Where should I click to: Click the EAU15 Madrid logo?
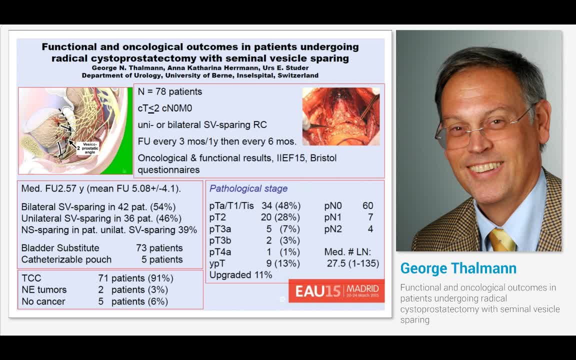point(336,290)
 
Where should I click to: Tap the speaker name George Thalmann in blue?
point(458,268)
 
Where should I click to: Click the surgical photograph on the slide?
point(341,116)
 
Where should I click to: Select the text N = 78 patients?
point(170,92)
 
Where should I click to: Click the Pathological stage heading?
point(248,188)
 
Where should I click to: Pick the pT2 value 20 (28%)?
point(280,217)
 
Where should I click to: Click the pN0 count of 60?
point(367,205)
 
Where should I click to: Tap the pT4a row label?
point(220,252)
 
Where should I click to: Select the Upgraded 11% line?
point(240,275)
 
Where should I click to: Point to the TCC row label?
point(31,278)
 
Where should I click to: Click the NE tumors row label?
point(44,289)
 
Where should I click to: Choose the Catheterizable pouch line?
point(66,259)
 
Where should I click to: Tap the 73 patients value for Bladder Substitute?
point(159,248)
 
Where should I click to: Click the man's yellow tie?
point(500,239)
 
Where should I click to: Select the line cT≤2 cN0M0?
point(165,108)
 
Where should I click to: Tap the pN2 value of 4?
point(370,229)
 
